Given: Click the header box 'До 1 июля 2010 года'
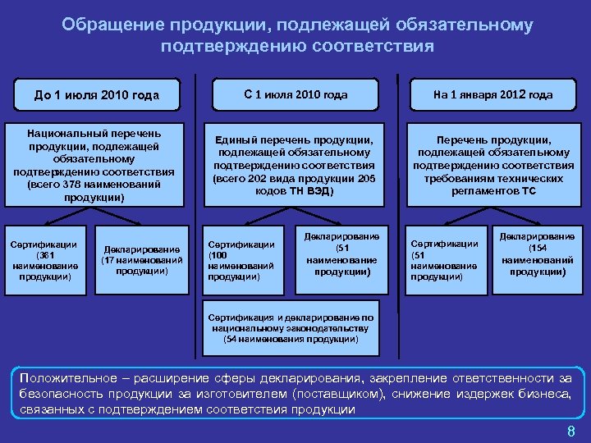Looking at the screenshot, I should point(97,94).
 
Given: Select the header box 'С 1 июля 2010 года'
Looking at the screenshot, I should point(295,94).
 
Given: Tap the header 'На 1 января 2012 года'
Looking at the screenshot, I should point(493,94).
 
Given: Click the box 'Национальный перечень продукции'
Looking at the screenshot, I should point(94,165).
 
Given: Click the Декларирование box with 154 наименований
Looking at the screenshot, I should point(537,253).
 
